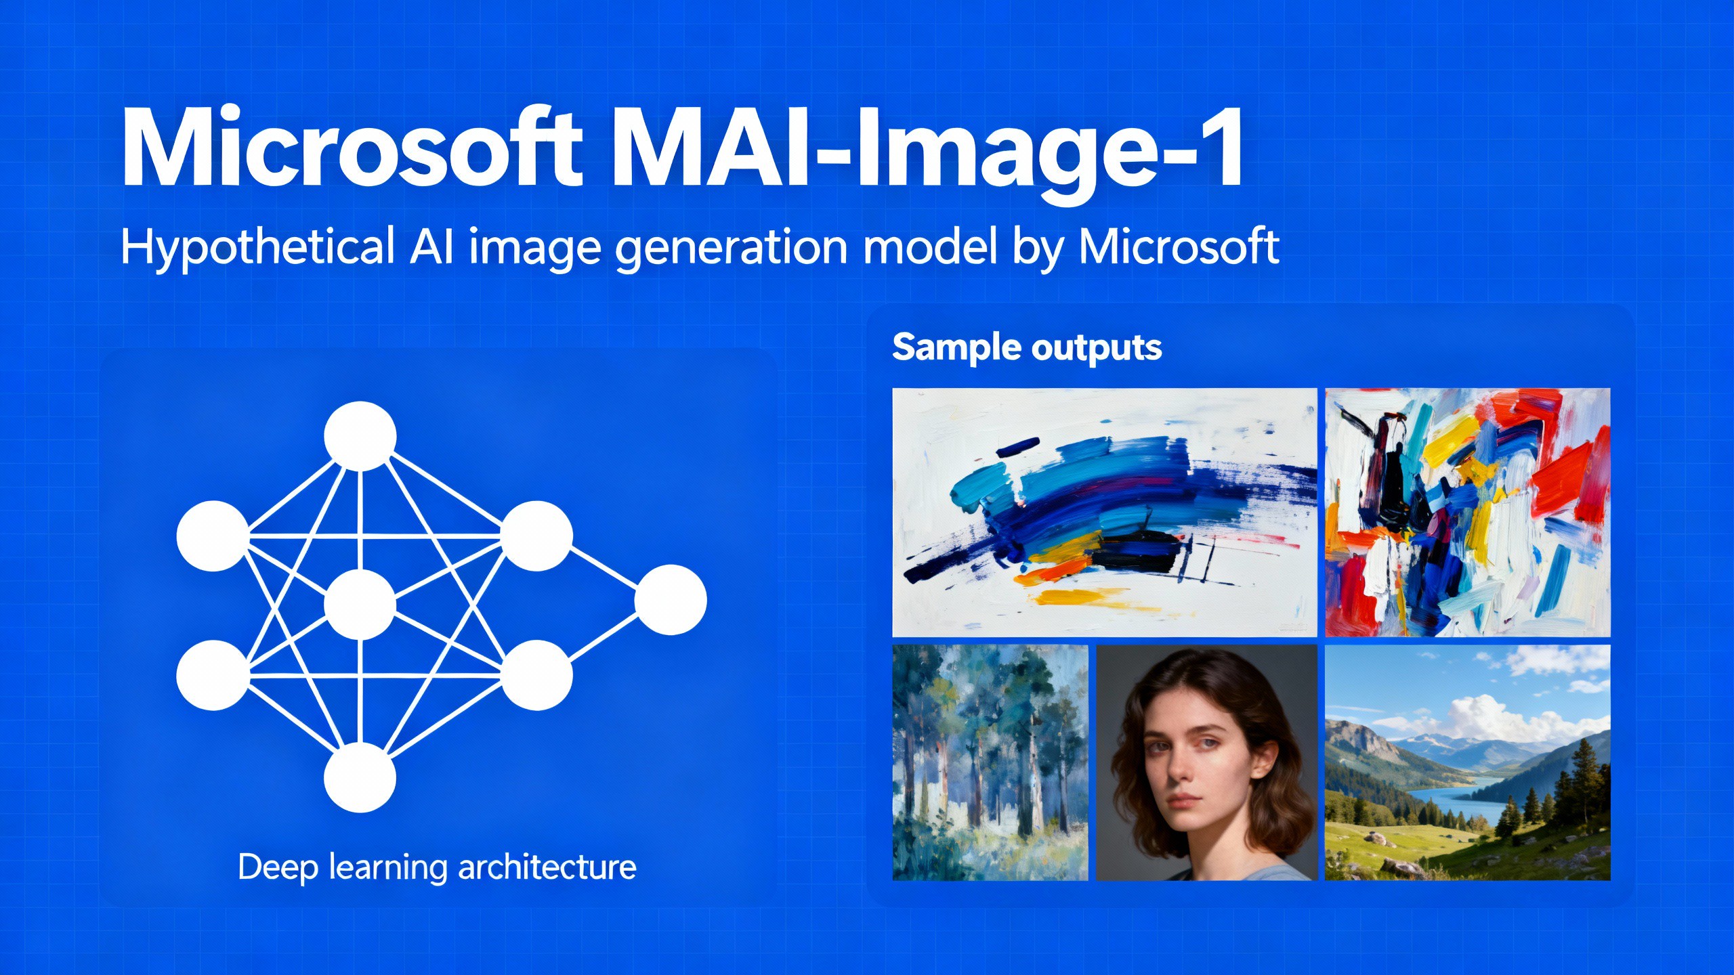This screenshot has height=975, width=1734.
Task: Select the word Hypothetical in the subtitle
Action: (x=257, y=246)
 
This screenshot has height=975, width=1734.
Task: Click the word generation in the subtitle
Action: (x=732, y=248)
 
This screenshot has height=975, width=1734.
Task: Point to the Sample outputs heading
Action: (x=1027, y=348)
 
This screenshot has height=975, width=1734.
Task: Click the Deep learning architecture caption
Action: (x=438, y=867)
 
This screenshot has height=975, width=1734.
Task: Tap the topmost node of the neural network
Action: (x=360, y=436)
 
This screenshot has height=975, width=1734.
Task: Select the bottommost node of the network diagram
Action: (x=360, y=777)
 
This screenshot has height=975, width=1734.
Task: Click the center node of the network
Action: (x=360, y=604)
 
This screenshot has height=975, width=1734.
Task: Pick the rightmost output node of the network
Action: (x=671, y=600)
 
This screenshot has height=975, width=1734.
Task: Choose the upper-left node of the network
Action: (x=213, y=536)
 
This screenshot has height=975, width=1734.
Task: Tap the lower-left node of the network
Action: (x=213, y=675)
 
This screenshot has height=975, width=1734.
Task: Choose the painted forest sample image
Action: (x=990, y=762)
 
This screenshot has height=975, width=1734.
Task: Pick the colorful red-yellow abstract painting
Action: (x=1467, y=513)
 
